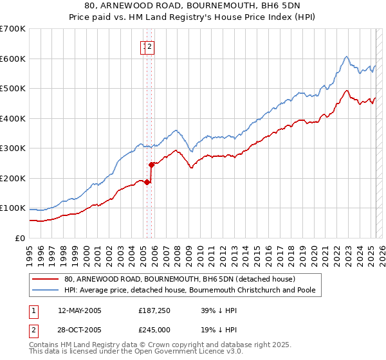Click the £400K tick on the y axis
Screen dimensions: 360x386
[x=13, y=118]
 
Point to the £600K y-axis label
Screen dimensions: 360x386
[x=13, y=59]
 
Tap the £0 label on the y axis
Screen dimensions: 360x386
[x=19, y=238]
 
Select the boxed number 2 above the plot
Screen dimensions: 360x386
[x=149, y=46]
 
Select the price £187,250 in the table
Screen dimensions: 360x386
[x=153, y=310]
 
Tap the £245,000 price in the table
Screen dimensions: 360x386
[x=153, y=328]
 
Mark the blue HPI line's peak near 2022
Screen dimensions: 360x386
[x=346, y=57]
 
